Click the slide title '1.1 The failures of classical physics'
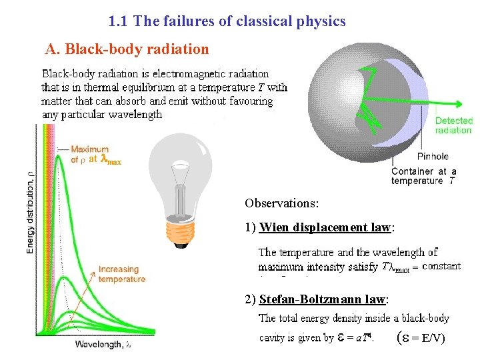point(227,21)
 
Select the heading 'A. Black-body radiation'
point(127,49)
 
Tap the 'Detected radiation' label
point(453,125)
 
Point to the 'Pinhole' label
point(433,157)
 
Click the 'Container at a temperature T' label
point(423,176)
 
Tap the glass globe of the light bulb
point(179,167)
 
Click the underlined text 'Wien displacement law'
point(325,227)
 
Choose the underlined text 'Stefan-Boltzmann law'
point(323,299)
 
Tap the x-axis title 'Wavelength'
point(103,345)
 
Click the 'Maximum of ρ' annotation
point(90,155)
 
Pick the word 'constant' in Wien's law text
point(441,266)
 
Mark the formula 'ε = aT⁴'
point(356,337)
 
